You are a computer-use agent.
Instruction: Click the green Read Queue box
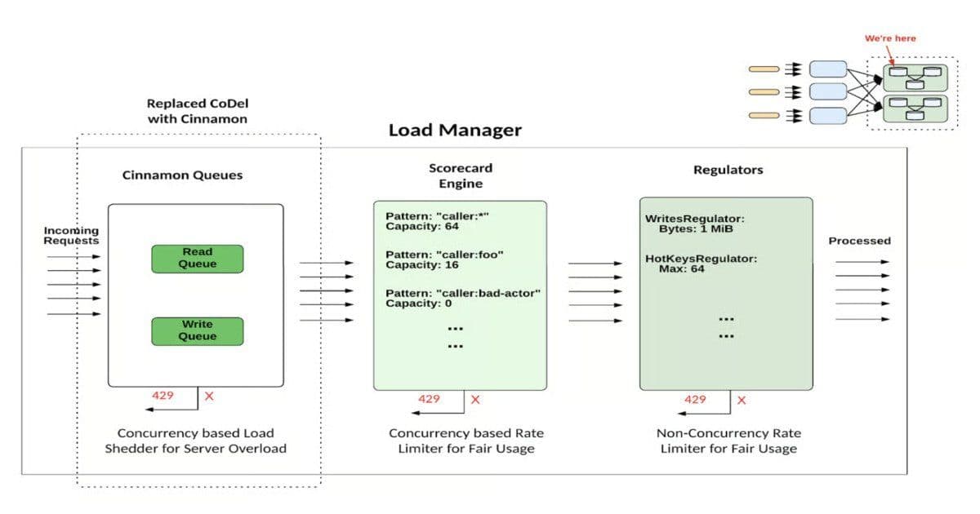click(x=198, y=259)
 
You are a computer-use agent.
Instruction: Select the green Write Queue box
click(x=198, y=330)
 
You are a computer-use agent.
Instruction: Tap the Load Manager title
click(x=454, y=131)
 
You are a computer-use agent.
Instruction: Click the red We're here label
click(x=890, y=38)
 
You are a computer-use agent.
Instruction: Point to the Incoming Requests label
click(x=71, y=236)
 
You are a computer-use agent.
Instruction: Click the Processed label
click(x=859, y=241)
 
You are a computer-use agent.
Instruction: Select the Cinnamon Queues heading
click(x=182, y=175)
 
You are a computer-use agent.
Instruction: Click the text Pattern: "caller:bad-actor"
click(x=463, y=293)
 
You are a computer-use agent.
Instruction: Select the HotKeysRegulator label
click(x=701, y=259)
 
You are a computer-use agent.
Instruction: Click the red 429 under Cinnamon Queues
click(x=163, y=395)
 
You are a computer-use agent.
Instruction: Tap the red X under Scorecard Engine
click(x=475, y=400)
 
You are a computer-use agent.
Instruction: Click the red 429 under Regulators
click(x=695, y=399)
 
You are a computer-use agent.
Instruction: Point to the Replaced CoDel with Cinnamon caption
click(x=197, y=111)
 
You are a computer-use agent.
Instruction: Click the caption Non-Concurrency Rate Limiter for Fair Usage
click(x=727, y=441)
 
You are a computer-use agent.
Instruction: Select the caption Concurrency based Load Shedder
click(x=195, y=441)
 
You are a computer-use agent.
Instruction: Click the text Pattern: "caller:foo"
click(x=444, y=255)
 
